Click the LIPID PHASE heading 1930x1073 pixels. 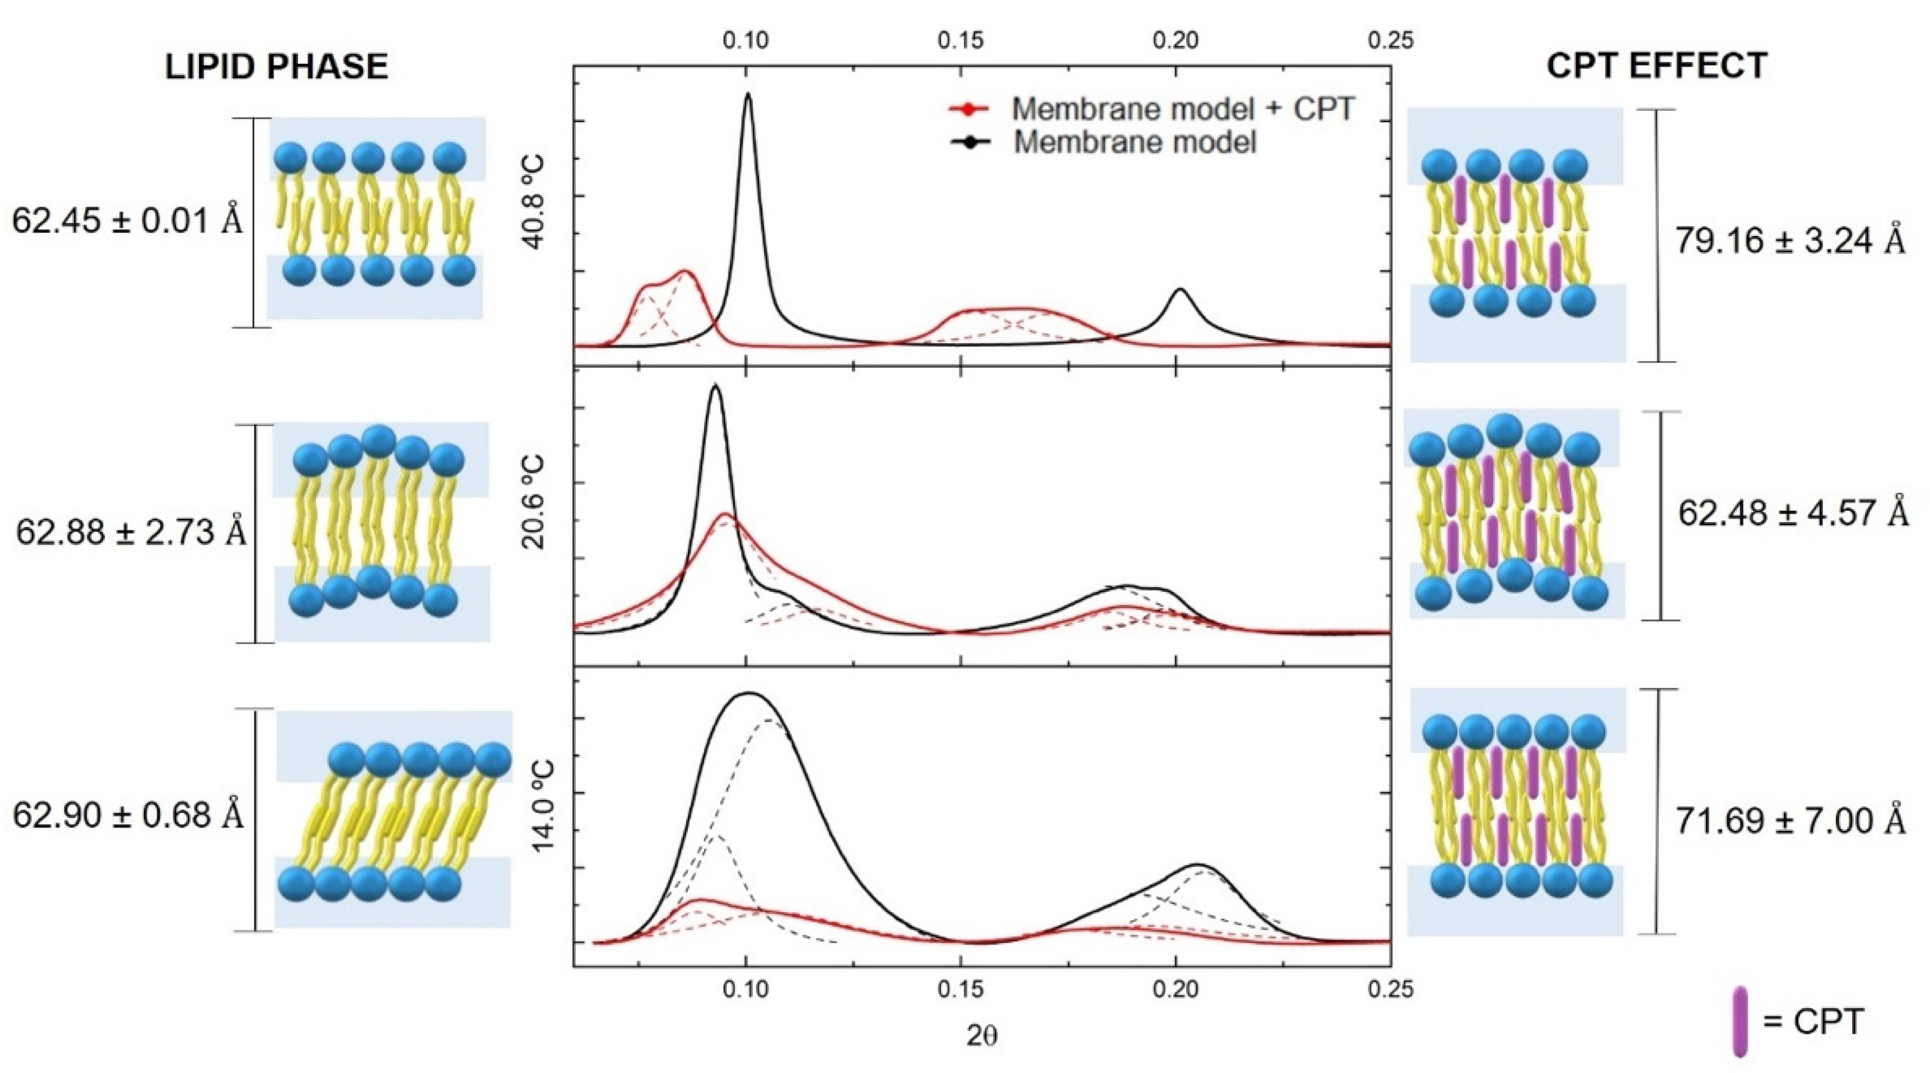277,67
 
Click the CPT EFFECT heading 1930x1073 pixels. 1657,67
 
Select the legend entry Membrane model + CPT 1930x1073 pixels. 1183,108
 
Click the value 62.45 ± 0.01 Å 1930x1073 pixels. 128,222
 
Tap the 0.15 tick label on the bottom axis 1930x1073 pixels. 960,989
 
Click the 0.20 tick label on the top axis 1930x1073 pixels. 1175,41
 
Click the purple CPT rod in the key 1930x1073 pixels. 1740,1021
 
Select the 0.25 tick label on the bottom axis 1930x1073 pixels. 1391,989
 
